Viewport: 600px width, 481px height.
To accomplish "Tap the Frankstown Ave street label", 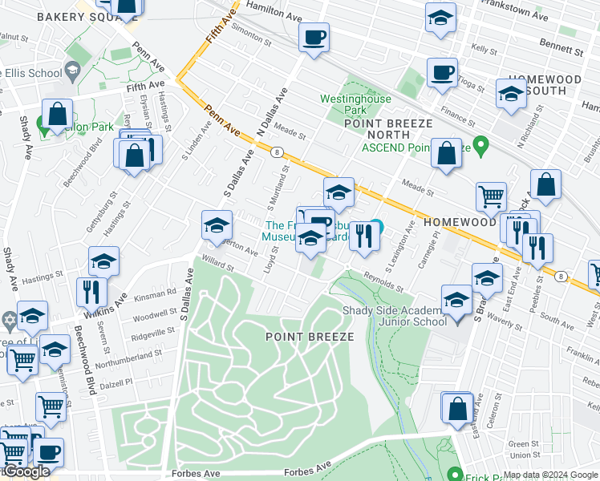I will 520,15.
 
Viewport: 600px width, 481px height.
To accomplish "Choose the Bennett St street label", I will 561,48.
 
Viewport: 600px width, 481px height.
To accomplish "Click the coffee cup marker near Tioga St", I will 441,72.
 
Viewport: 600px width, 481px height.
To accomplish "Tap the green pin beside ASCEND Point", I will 480,147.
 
